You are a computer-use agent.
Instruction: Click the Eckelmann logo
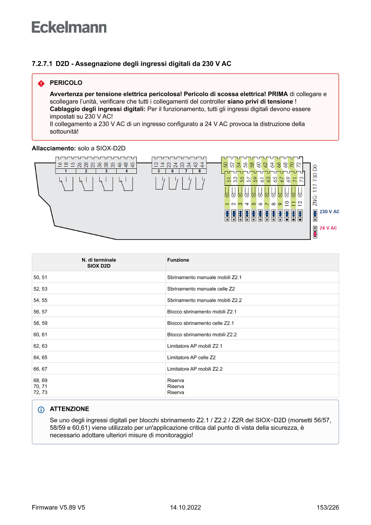pyautogui.click(x=69, y=27)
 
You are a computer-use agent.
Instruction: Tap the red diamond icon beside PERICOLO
pyautogui.click(x=41, y=84)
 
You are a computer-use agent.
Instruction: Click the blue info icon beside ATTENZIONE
pyautogui.click(x=41, y=410)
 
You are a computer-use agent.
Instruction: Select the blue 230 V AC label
pyautogui.click(x=329, y=212)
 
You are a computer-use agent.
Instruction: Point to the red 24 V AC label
pyautogui.click(x=328, y=228)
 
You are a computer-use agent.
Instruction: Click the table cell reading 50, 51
pyautogui.click(x=40, y=278)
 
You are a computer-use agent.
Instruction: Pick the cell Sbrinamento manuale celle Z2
pyautogui.click(x=201, y=289)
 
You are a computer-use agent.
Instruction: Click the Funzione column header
pyautogui.click(x=178, y=260)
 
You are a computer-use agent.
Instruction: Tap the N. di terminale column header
pyautogui.click(x=99, y=263)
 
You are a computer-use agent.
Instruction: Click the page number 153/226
pyautogui.click(x=327, y=507)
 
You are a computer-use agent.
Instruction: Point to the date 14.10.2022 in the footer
pyautogui.click(x=185, y=507)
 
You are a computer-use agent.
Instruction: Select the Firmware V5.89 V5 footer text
pyautogui.click(x=58, y=507)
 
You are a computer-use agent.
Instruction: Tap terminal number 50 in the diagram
pyautogui.click(x=225, y=165)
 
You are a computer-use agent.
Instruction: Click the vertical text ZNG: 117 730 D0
pyautogui.click(x=315, y=185)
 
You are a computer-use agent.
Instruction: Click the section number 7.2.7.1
pyautogui.click(x=42, y=64)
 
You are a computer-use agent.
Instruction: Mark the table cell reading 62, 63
pyautogui.click(x=40, y=346)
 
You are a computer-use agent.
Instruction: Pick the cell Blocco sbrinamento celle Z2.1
pyautogui.click(x=201, y=323)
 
